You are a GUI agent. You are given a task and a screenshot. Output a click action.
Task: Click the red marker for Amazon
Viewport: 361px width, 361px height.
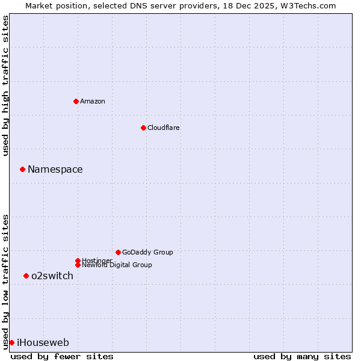pyautogui.click(x=76, y=101)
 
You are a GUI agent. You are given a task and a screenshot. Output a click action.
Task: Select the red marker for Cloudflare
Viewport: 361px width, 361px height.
pyautogui.click(x=143, y=128)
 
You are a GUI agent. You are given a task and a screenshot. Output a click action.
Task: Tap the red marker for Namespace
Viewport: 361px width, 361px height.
pyautogui.click(x=22, y=169)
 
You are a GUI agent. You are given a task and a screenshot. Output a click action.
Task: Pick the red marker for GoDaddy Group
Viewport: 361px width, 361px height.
pyautogui.click(x=118, y=252)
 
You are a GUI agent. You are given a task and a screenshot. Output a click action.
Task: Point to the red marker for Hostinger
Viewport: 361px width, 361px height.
pyautogui.click(x=78, y=261)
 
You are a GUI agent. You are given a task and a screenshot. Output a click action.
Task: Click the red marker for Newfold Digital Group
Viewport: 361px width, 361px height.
pyautogui.click(x=78, y=265)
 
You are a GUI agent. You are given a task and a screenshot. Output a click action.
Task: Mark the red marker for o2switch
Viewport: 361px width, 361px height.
pyautogui.click(x=26, y=276)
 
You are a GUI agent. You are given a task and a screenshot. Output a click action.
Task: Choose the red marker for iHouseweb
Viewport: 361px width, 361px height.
pyautogui.click(x=11, y=342)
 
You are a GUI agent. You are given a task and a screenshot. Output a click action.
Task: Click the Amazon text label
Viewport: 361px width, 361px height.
pyautogui.click(x=92, y=101)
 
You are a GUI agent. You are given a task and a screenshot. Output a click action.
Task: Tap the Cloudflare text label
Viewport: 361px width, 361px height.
pyautogui.click(x=163, y=128)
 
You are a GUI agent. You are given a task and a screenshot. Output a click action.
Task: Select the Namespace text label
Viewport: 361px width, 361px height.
pyautogui.click(x=55, y=169)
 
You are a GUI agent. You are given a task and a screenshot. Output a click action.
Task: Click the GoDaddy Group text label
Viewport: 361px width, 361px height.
pyautogui.click(x=147, y=252)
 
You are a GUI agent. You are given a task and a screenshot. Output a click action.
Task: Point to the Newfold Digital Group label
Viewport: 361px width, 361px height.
pyautogui.click(x=117, y=265)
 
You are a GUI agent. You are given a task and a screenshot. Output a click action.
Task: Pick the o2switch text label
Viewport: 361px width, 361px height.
pyautogui.click(x=52, y=276)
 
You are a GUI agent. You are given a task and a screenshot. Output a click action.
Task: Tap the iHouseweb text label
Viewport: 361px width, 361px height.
pyautogui.click(x=43, y=342)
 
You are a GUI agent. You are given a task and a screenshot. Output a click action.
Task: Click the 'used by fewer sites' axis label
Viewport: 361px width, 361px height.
pyautogui.click(x=62, y=356)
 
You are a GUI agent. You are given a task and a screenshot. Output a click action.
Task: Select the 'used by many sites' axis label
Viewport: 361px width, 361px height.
pyautogui.click(x=302, y=356)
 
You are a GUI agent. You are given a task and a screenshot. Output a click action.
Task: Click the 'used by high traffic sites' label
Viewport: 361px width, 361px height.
pyautogui.click(x=5, y=85)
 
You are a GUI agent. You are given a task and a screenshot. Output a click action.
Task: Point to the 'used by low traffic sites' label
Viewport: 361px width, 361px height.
pyautogui.click(x=5, y=281)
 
